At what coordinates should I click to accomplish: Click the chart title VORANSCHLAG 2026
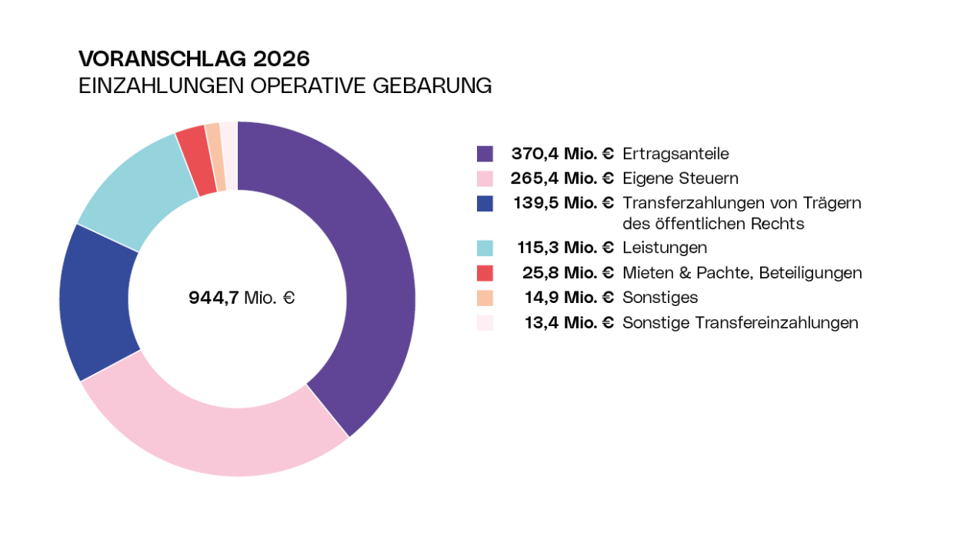[x=194, y=59]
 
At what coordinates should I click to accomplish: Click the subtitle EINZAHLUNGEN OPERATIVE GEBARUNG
[x=285, y=86]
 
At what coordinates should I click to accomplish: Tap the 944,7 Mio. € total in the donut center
[x=242, y=298]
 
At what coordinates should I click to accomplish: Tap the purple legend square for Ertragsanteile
[x=485, y=154]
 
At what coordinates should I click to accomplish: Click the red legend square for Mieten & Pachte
[x=485, y=273]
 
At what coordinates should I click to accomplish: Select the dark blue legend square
[x=485, y=204]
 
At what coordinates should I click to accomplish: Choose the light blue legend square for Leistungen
[x=485, y=248]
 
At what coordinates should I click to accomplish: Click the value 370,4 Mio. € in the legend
[x=562, y=154]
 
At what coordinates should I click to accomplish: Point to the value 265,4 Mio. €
[x=562, y=178]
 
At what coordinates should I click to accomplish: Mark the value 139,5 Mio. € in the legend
[x=562, y=203]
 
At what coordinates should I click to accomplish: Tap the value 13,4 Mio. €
[x=569, y=323]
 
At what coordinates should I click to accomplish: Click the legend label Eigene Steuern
[x=680, y=178]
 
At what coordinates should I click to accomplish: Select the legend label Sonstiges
[x=660, y=298]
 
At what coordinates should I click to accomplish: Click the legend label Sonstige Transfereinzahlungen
[x=740, y=323]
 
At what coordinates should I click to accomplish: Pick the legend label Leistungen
[x=665, y=248]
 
